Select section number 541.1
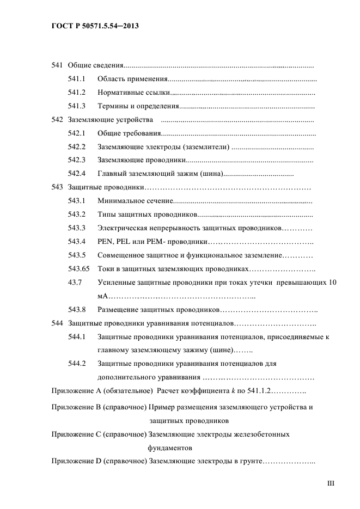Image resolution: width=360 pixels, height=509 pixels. (x=77, y=79)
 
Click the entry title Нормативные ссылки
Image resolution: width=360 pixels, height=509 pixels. (x=133, y=93)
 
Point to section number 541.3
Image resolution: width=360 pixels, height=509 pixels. (x=77, y=106)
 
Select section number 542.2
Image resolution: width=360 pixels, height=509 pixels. (x=77, y=146)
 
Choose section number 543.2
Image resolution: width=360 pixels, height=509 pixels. (x=77, y=214)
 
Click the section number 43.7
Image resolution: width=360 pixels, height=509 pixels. (x=75, y=283)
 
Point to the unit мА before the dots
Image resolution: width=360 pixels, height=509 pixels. (x=103, y=296)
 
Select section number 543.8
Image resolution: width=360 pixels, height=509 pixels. (x=77, y=310)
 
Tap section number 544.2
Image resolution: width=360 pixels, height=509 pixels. (x=77, y=363)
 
